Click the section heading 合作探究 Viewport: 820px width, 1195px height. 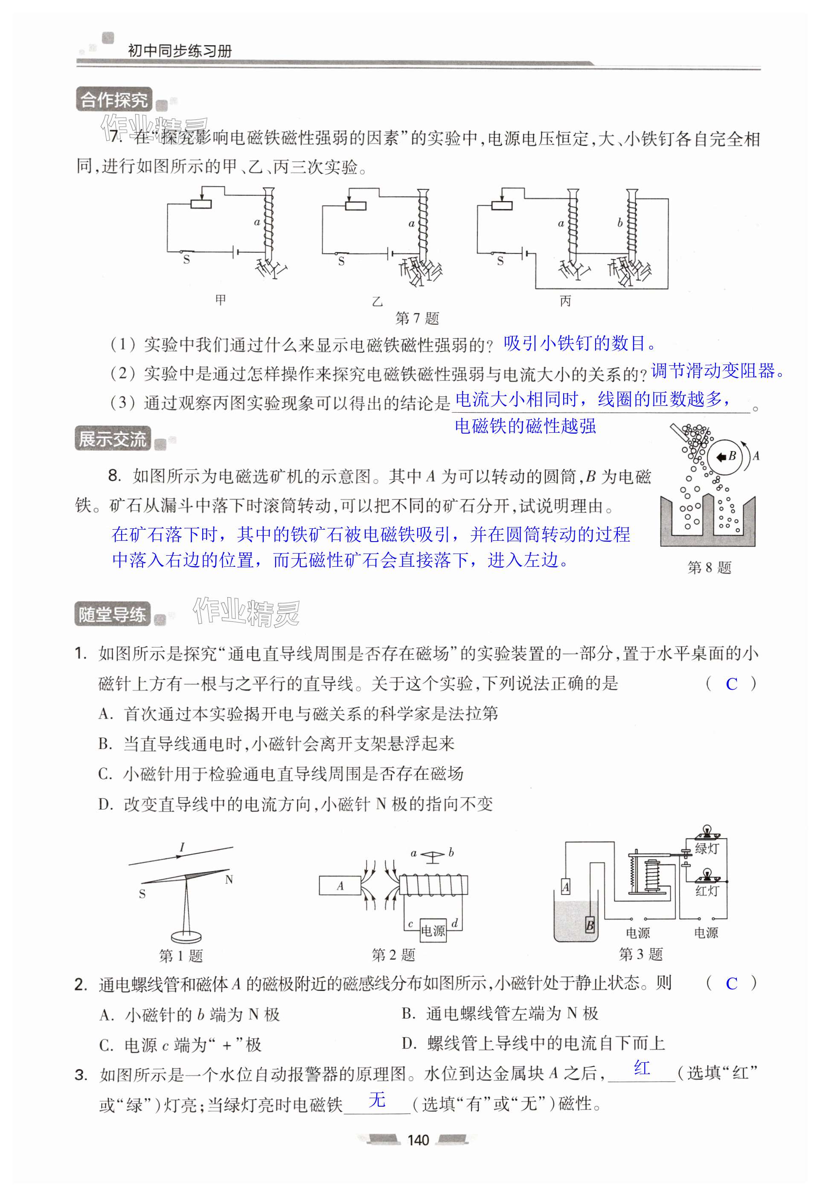click(x=113, y=100)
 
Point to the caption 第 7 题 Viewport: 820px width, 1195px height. click(x=417, y=318)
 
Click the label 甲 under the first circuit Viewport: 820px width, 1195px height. click(x=221, y=300)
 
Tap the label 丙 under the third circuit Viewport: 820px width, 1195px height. click(x=565, y=301)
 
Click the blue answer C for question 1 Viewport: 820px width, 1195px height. click(x=731, y=685)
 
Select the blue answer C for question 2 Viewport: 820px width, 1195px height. click(x=731, y=984)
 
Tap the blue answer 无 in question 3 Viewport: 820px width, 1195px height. click(x=377, y=1100)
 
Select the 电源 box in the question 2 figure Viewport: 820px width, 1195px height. click(x=433, y=931)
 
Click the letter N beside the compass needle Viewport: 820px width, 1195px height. click(x=229, y=880)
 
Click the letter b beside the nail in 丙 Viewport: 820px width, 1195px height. click(x=619, y=223)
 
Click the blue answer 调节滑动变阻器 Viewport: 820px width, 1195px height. click(x=717, y=371)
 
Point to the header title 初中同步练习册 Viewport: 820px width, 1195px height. click(x=180, y=50)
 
